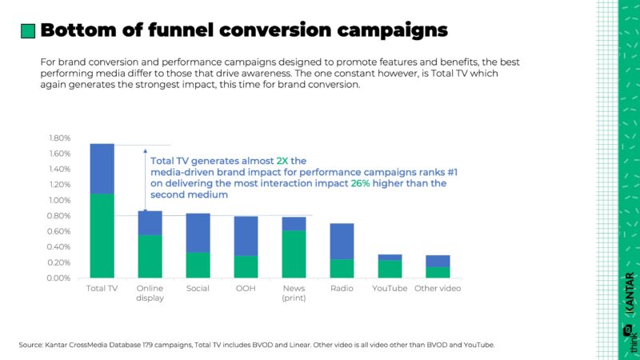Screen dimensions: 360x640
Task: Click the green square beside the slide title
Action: click(x=27, y=30)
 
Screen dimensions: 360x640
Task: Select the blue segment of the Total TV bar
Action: click(x=102, y=169)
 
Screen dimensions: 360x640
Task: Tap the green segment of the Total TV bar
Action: click(x=102, y=235)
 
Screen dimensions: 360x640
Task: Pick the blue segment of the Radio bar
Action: click(x=342, y=241)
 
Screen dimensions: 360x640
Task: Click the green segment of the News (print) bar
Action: click(x=294, y=254)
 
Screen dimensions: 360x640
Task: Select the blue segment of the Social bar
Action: click(x=198, y=233)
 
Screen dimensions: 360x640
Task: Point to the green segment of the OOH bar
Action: click(x=246, y=266)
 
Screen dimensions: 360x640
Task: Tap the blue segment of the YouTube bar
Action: click(x=390, y=257)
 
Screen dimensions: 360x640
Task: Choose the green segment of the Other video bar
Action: click(x=438, y=272)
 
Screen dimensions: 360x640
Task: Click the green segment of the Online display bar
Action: click(x=150, y=256)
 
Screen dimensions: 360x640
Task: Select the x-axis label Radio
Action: click(x=342, y=288)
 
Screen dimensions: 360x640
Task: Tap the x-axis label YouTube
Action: click(x=390, y=288)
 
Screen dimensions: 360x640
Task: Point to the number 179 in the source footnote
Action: click(x=158, y=345)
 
